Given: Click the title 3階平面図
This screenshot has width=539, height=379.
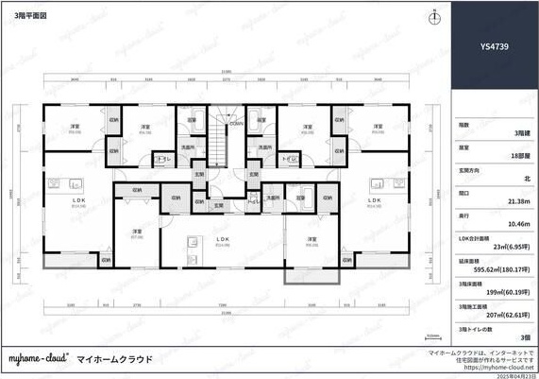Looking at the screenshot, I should coord(31,17).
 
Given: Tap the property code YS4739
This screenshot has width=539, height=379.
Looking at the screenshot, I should coord(495,44).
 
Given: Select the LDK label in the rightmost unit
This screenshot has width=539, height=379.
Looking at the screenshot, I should coord(375,200).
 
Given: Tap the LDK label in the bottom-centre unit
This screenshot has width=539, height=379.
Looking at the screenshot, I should coord(223,239).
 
